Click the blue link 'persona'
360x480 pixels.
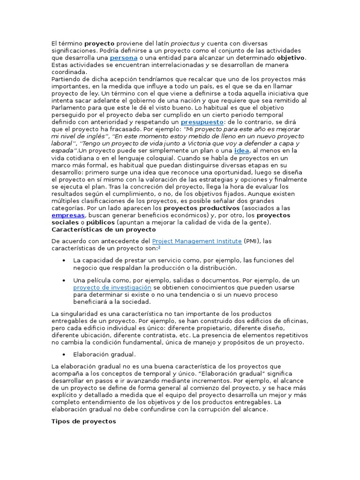click(124, 58)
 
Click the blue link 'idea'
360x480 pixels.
click(241, 150)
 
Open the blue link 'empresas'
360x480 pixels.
click(68, 215)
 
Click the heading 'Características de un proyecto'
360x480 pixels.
click(103, 230)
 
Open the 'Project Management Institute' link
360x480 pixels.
click(197, 241)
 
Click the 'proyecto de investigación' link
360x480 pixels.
click(112, 287)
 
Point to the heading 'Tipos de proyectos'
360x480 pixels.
click(83, 421)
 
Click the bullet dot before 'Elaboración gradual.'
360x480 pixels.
click(63, 354)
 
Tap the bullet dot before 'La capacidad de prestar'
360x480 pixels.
click(63, 260)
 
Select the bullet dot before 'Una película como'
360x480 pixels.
click(63, 280)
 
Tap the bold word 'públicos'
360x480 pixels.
click(101, 222)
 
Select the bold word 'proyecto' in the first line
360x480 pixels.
click(99, 43)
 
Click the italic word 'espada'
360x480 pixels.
click(62, 150)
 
